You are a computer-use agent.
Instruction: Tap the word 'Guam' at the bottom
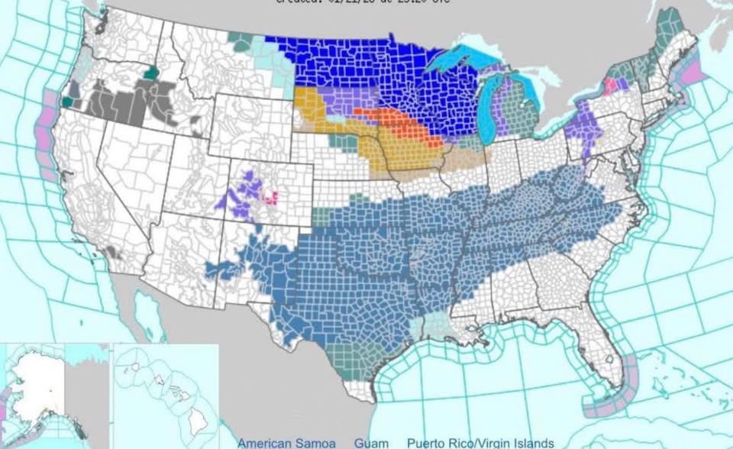(371, 443)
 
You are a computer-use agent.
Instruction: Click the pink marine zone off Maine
(695, 74)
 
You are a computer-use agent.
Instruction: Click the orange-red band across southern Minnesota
(397, 122)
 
